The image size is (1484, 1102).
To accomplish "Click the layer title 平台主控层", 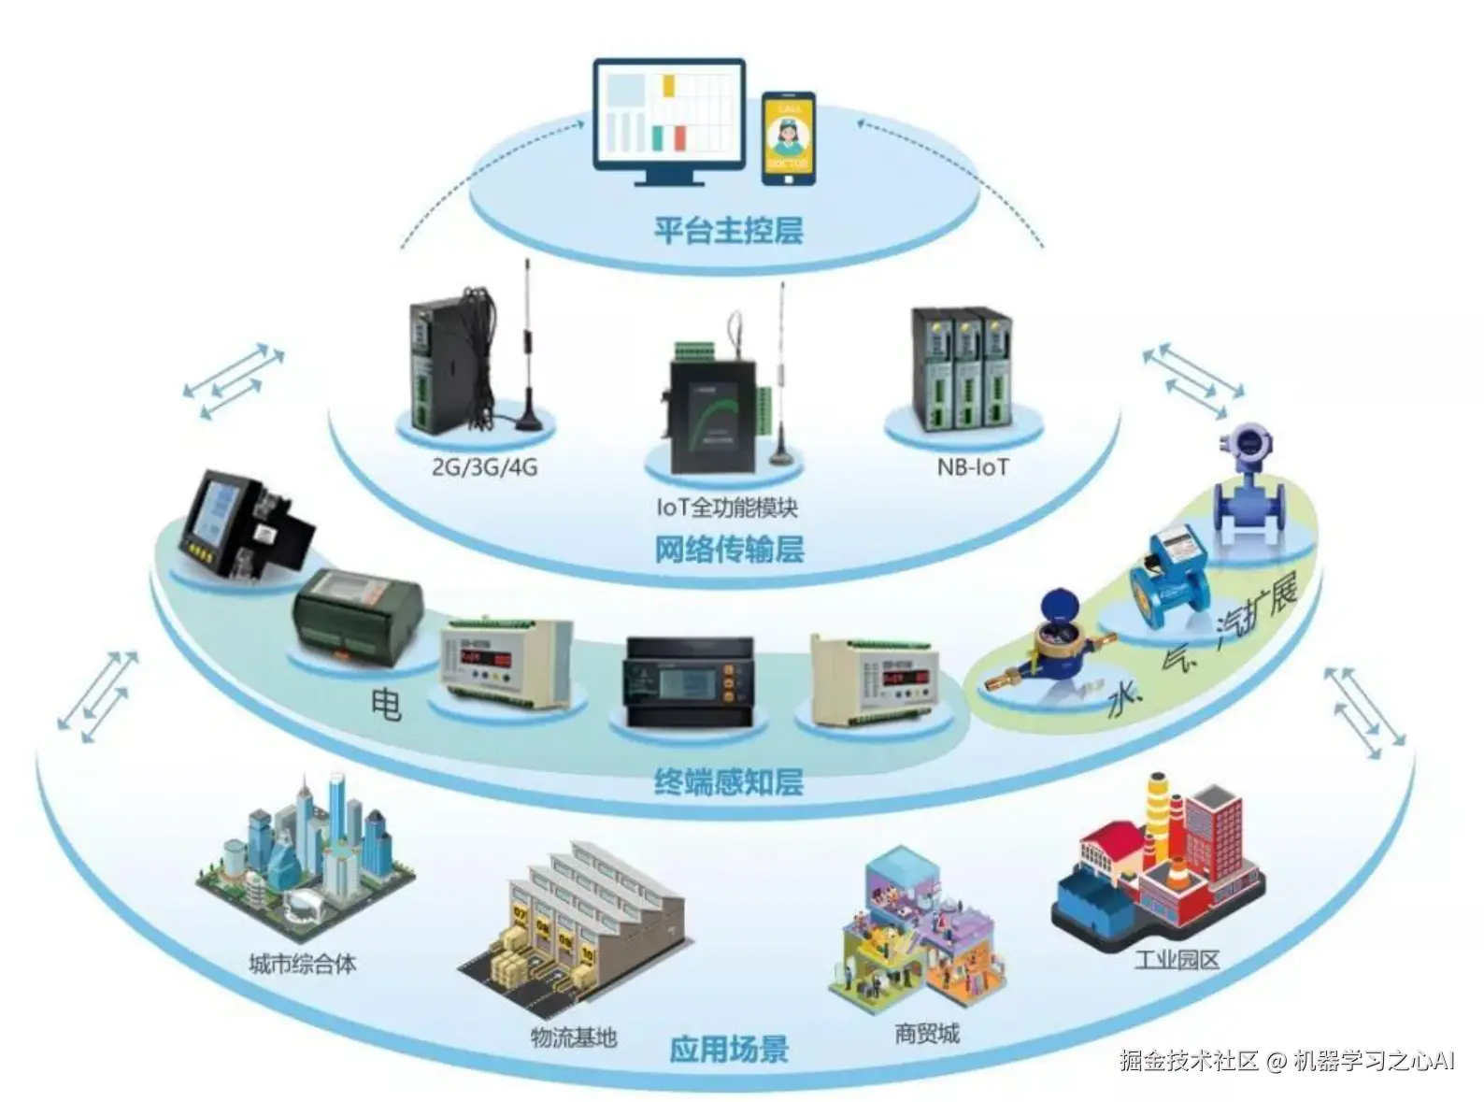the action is [x=728, y=230].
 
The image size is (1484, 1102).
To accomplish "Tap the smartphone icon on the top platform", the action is [x=788, y=138].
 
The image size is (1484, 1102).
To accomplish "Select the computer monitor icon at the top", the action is [x=670, y=122].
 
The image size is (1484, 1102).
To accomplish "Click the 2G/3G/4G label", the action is [x=484, y=465].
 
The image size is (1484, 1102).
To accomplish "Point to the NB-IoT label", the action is [x=973, y=465].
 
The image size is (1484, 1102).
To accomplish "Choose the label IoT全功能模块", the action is [x=727, y=508].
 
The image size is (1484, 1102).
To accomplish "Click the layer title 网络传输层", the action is [x=729, y=550].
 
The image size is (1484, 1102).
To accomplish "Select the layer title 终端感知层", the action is [x=729, y=781].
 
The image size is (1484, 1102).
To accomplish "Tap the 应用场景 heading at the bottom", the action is [x=729, y=1049].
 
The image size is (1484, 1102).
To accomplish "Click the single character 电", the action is [x=387, y=703].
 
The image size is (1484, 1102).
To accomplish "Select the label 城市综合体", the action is [x=302, y=964].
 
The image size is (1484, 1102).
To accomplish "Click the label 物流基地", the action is [x=574, y=1037].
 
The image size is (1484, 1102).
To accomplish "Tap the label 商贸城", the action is [x=926, y=1034].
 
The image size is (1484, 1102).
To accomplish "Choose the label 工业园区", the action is [x=1177, y=959].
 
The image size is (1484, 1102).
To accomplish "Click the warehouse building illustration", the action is [x=575, y=925].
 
